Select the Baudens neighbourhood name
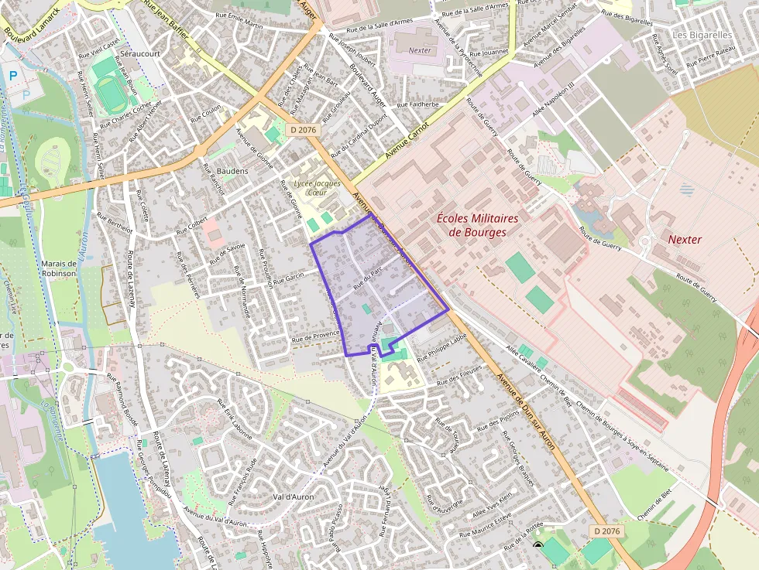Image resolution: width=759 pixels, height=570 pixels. (232, 170)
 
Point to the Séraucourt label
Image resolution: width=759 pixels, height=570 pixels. (140, 55)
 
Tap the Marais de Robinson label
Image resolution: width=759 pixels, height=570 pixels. (59, 268)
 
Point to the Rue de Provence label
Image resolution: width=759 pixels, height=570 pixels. (316, 336)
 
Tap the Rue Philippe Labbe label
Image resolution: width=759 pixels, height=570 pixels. (442, 348)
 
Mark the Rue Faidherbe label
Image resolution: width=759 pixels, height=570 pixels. (417, 104)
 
